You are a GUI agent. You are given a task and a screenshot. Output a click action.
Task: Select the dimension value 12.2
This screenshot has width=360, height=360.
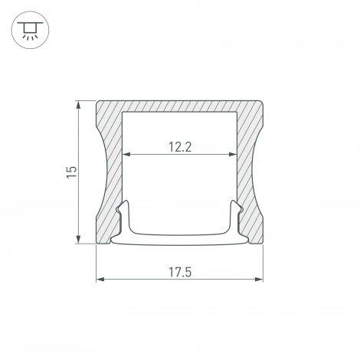coord(179,146)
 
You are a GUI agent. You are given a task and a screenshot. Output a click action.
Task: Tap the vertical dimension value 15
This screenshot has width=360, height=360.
coord(70,172)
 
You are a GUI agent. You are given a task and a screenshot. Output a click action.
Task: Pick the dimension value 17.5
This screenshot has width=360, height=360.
coord(179,271)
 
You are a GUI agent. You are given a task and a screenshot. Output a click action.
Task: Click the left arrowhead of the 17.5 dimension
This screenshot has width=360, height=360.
coord(99,280)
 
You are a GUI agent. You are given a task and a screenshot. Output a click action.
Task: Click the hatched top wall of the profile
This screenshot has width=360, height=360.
coord(179,108)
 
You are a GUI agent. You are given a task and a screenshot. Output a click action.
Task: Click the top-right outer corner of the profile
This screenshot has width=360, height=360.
coord(263,100)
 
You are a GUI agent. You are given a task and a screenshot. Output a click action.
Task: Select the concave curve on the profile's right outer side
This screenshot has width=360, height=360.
coord(255,172)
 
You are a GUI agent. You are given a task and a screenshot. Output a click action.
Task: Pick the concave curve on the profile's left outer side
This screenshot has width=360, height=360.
coord(104,172)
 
